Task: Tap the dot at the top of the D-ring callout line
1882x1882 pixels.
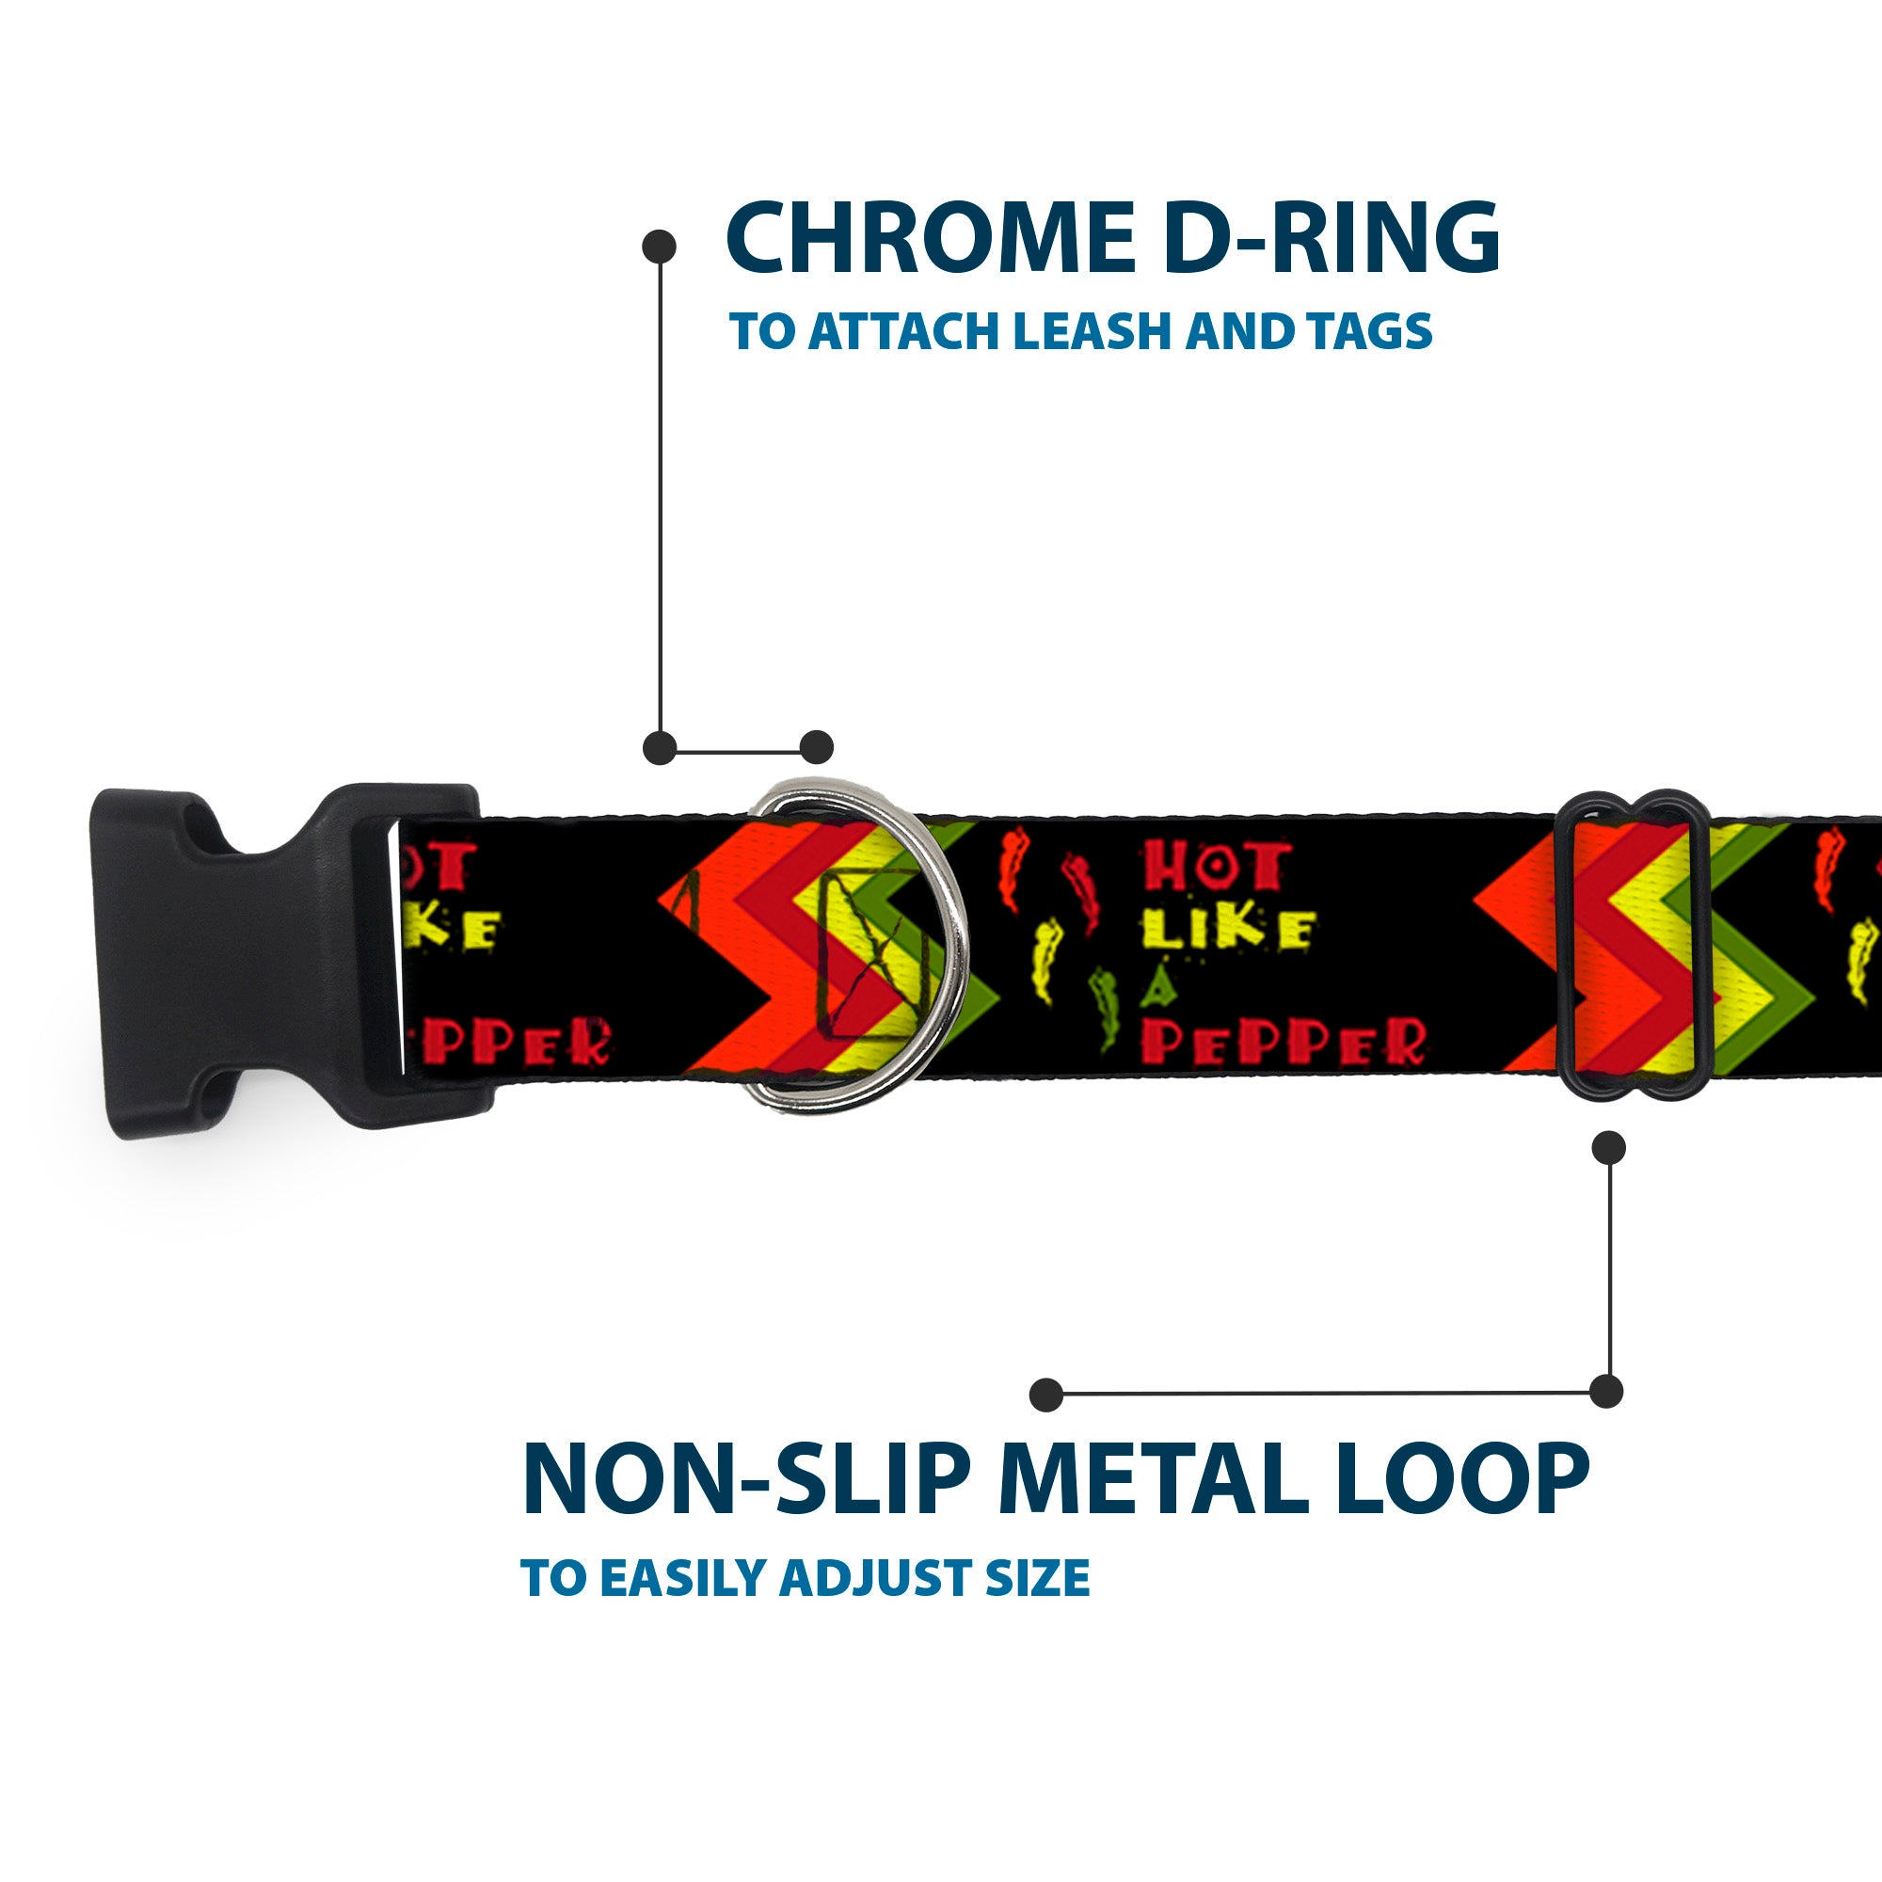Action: click(660, 247)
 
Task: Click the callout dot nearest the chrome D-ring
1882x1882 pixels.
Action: click(816, 748)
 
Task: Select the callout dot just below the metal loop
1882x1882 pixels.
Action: click(1608, 1147)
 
